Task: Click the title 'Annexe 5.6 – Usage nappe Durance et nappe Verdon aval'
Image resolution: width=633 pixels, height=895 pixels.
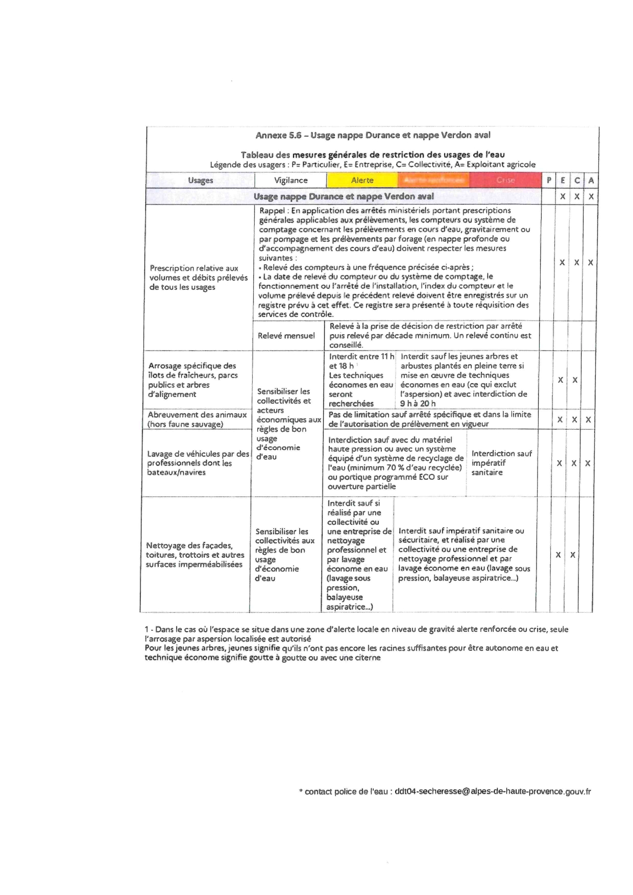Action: pyautogui.click(x=373, y=135)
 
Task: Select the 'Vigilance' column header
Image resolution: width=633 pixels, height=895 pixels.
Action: pyautogui.click(x=290, y=180)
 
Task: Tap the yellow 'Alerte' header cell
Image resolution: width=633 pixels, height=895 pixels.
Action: pyautogui.click(x=362, y=180)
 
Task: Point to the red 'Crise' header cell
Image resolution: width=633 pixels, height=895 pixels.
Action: pyautogui.click(x=505, y=180)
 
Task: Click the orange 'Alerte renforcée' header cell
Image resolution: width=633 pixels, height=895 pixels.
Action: pyautogui.click(x=433, y=180)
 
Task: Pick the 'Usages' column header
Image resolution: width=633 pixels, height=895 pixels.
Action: pyautogui.click(x=200, y=180)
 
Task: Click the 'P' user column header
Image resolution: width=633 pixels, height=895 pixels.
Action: pyautogui.click(x=549, y=180)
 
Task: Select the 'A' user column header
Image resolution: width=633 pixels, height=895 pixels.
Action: pyautogui.click(x=591, y=180)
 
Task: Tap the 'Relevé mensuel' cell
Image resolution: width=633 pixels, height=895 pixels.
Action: pyautogui.click(x=286, y=336)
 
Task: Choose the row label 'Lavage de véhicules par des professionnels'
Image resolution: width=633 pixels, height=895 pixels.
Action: pyautogui.click(x=198, y=463)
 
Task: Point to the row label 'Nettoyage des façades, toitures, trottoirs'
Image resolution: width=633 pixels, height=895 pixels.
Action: pyautogui.click(x=194, y=555)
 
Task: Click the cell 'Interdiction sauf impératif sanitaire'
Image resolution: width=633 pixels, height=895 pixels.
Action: pyautogui.click(x=501, y=463)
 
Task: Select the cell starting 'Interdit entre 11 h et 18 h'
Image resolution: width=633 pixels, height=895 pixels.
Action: pyautogui.click(x=361, y=380)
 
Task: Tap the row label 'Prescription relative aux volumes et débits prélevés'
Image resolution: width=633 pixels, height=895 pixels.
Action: pyautogui.click(x=198, y=278)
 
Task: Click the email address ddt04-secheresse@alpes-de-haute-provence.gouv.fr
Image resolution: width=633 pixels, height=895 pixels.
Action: pyautogui.click(x=493, y=791)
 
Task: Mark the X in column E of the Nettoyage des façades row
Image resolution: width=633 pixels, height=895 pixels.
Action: pyautogui.click(x=558, y=555)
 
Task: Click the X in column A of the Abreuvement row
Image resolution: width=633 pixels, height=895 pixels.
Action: pyautogui.click(x=588, y=419)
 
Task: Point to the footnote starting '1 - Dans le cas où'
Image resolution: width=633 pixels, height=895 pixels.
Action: pyautogui.click(x=356, y=634)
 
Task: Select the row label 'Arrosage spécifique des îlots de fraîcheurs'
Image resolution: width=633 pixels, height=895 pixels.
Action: pyautogui.click(x=193, y=380)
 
